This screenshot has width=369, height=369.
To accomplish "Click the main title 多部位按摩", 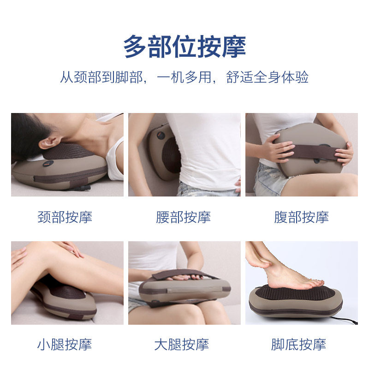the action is coord(184,47).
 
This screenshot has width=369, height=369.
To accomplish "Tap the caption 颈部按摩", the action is coord(65,217).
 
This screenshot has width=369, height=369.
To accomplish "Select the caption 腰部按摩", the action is coord(183,217).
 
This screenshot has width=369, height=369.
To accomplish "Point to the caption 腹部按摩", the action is coord(302,217).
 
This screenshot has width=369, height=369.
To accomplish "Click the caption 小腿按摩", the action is coord(65,345).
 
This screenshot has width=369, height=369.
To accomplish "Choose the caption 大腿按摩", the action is coord(182,345).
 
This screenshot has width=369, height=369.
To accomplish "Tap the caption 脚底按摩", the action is coord(298,345).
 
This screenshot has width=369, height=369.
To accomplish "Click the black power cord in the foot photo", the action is coord(344,321).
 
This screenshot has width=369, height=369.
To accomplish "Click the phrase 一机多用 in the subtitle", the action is coord(184,77).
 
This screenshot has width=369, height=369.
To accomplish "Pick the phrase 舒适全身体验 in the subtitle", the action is coord(267,77).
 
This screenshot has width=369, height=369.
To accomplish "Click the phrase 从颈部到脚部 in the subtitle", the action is coord(101,77).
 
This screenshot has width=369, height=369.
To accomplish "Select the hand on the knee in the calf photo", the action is coord(71,248).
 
